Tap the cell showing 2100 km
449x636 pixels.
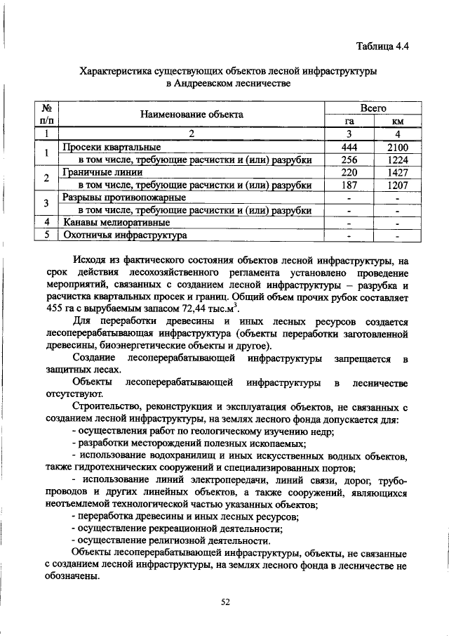[397, 148]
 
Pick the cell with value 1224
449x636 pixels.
[397, 160]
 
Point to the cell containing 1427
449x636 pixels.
[397, 172]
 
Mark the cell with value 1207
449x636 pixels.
[397, 185]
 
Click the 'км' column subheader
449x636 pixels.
[397, 121]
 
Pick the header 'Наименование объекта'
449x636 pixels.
[191, 115]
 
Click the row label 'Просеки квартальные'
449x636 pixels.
[112, 148]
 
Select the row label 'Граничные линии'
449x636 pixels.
[105, 172]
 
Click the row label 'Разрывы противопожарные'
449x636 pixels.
[123, 197]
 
